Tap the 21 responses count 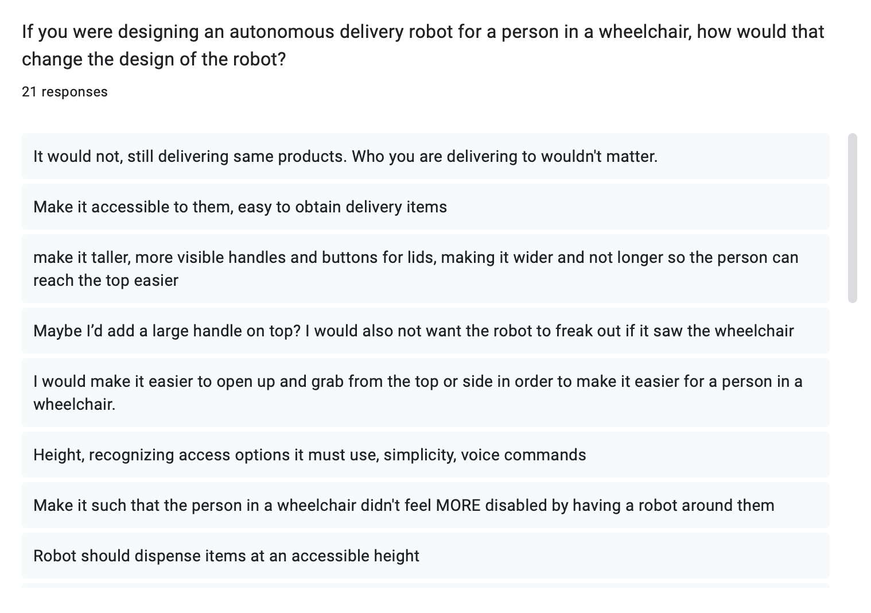point(64,92)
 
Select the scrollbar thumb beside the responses point(852,218)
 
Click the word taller point(110,257)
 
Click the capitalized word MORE point(458,505)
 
